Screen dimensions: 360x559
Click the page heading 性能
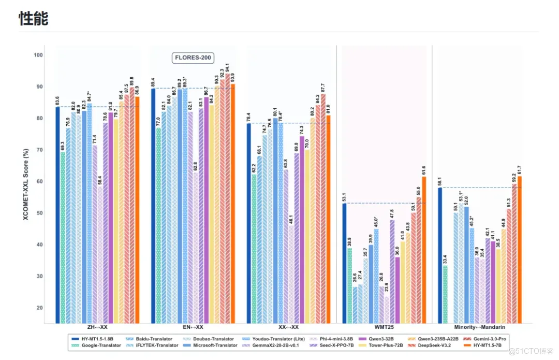tap(34, 19)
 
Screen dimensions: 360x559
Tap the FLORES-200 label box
tap(193, 58)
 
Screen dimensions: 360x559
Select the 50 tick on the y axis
tap(40, 213)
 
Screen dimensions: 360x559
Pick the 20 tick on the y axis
tap(40, 308)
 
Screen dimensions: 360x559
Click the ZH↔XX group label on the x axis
tap(98, 327)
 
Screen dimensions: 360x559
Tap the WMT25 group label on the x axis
tap(384, 327)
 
